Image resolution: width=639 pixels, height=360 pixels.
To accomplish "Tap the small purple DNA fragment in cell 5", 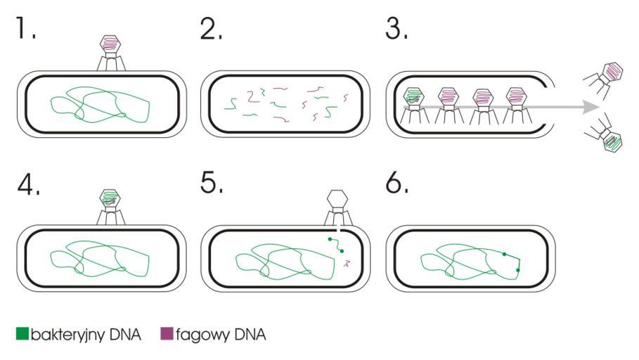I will pos(346,264).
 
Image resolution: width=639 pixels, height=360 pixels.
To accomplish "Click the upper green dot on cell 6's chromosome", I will pos(503,253).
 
